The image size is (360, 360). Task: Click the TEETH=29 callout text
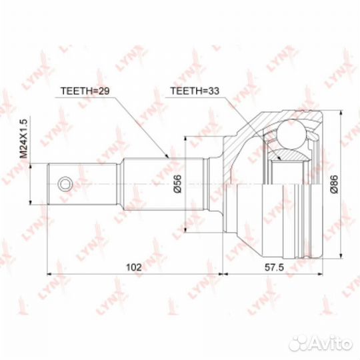[85, 91]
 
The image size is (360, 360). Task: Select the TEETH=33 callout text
[195, 91]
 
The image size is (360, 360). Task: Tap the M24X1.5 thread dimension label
[23, 139]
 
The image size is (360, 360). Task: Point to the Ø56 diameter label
[178, 183]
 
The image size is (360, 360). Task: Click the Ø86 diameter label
[334, 183]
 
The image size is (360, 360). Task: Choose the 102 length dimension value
[134, 267]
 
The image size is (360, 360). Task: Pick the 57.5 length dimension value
[275, 267]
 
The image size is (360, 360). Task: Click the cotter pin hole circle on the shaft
[65, 184]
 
